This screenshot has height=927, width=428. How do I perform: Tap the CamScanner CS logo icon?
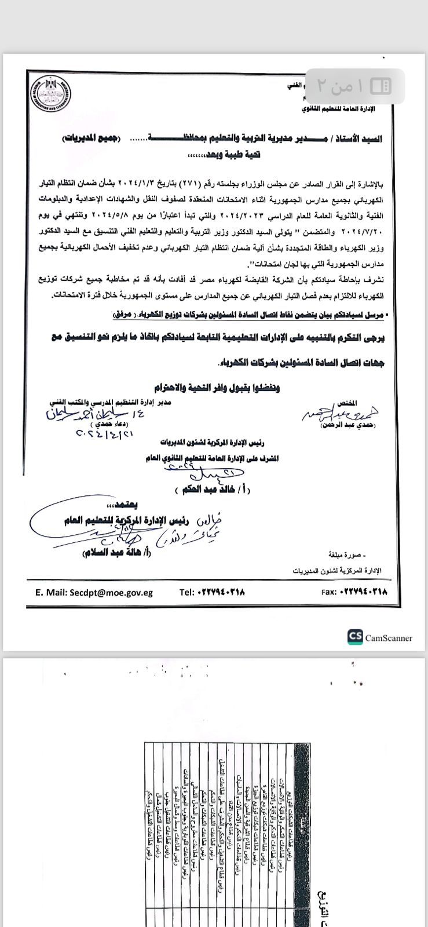click(355, 637)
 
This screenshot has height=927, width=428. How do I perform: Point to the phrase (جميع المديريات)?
click(90, 138)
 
